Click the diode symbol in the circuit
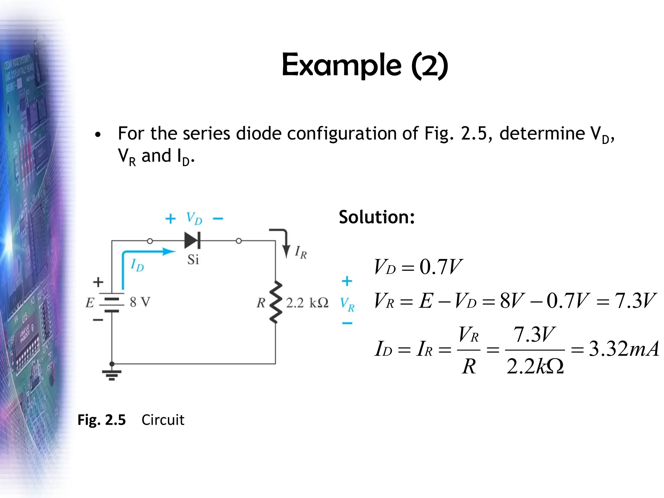pyautogui.click(x=192, y=241)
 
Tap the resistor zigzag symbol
pyautogui.click(x=276, y=302)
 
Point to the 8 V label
pyautogui.click(x=140, y=302)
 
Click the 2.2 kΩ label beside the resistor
pyautogui.click(x=307, y=303)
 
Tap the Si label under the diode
pyautogui.click(x=193, y=259)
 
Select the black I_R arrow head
pyautogui.click(x=286, y=252)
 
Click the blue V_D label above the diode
pyautogui.click(x=194, y=218)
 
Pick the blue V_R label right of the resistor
pyautogui.click(x=347, y=304)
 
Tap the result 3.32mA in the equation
pyautogui.click(x=623, y=349)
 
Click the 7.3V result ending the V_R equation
pyautogui.click(x=635, y=300)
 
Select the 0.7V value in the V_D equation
pyautogui.click(x=440, y=267)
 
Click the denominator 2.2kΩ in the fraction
pyautogui.click(x=535, y=366)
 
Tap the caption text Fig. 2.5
pyautogui.click(x=101, y=420)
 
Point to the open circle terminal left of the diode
pyautogui.click(x=150, y=241)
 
